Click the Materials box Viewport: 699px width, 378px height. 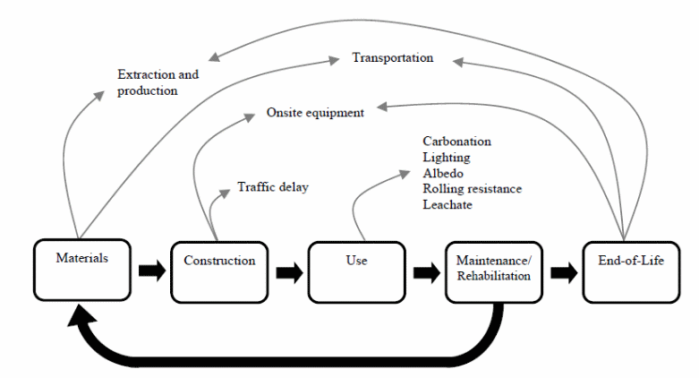[82, 270]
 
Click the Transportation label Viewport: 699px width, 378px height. [392, 58]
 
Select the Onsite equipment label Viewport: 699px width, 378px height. [315, 113]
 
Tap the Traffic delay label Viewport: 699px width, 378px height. [272, 187]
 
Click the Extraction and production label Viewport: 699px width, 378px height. [158, 82]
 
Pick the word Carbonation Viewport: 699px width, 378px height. [456, 142]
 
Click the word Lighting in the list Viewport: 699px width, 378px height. [445, 157]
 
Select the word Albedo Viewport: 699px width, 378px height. [443, 173]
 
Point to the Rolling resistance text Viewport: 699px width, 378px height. [472, 189]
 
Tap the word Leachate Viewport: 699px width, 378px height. [447, 205]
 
